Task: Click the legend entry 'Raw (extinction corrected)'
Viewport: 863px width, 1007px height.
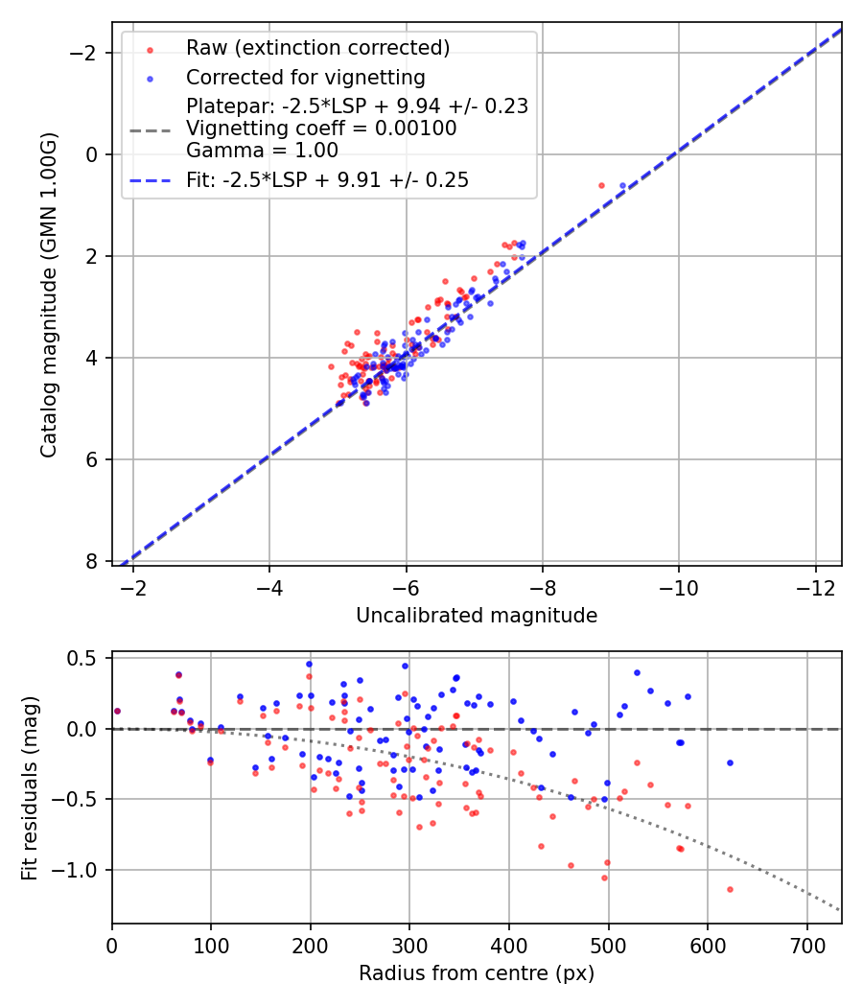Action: pos(317,48)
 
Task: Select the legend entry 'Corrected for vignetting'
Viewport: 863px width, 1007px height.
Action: pos(305,77)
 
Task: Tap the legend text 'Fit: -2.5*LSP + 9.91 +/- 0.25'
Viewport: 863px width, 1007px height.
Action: pos(327,180)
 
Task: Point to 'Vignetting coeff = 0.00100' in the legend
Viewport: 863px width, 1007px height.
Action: pos(321,129)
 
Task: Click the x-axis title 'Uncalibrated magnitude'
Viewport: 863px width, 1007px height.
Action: pos(477,616)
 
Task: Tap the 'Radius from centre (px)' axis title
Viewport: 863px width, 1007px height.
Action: pos(477,973)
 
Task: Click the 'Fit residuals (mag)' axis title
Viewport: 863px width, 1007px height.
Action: pos(30,787)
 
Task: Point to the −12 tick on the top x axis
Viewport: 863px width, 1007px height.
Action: pos(815,587)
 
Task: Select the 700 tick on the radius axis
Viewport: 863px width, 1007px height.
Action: pos(806,946)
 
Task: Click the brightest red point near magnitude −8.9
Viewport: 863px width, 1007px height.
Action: pos(601,185)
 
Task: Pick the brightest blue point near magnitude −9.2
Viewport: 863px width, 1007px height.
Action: pos(622,185)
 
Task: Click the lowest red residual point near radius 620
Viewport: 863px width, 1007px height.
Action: pos(730,889)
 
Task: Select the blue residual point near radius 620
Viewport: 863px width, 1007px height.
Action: pos(730,762)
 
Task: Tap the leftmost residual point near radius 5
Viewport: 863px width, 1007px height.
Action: pos(117,711)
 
